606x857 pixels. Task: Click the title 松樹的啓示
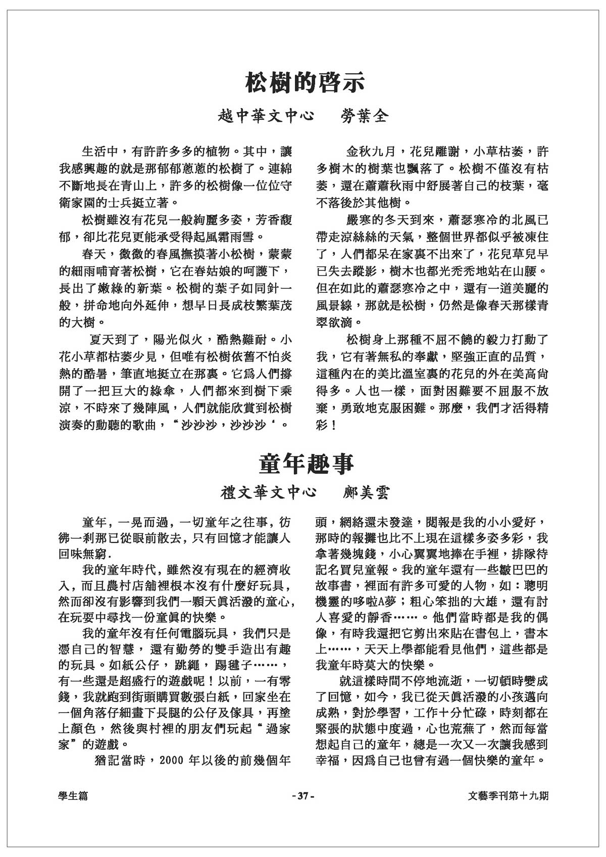[x=305, y=83]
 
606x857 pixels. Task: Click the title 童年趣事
[x=306, y=464]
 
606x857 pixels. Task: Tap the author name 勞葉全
[x=363, y=116]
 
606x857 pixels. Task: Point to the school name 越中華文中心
[x=266, y=116]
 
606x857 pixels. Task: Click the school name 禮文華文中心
[x=269, y=492]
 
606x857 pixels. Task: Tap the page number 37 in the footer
[x=303, y=796]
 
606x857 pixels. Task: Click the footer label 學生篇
[x=73, y=796]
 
